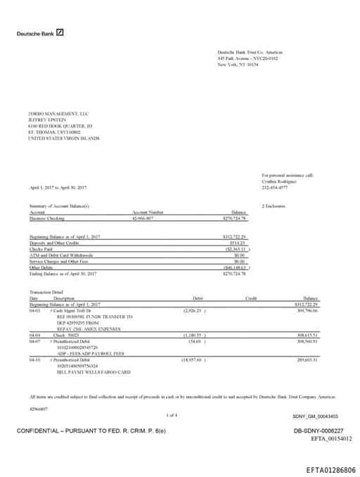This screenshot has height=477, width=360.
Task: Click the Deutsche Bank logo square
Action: [61, 32]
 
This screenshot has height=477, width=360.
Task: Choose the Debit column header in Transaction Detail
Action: [198, 298]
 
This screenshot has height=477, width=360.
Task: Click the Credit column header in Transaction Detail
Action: [251, 298]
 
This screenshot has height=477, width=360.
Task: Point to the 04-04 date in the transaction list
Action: [34, 336]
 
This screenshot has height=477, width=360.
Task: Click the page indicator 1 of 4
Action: [172, 414]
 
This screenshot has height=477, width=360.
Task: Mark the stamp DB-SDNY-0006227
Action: [318, 430]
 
